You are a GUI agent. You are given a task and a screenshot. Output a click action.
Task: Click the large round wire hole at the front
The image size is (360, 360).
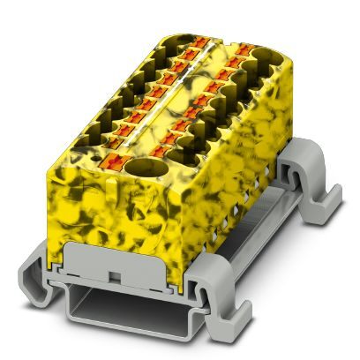pos(139,170)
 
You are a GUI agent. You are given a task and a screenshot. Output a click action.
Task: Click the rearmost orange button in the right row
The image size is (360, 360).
pos(240,53)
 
